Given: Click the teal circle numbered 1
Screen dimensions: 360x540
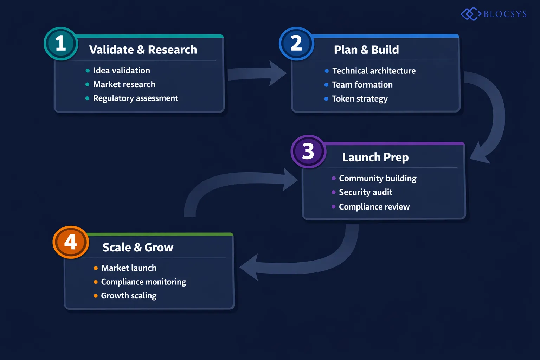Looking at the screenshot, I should (60, 44).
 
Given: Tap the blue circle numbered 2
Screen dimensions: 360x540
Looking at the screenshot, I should (296, 44).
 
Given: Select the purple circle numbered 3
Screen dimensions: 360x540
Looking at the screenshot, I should (308, 152).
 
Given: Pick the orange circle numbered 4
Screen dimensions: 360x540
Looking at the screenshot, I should (71, 242).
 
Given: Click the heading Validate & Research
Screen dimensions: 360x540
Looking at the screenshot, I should (143, 50).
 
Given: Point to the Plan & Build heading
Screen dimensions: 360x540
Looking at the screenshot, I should (366, 50).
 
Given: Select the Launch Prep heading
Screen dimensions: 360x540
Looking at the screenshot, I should (375, 157).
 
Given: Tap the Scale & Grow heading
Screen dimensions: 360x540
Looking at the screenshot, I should (138, 247).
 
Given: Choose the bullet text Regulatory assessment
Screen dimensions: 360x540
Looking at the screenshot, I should (135, 98).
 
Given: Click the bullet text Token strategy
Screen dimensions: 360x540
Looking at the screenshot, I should (359, 99).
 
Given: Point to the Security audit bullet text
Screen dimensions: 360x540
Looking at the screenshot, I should (365, 192).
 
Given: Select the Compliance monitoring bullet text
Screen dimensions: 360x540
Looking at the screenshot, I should (143, 282).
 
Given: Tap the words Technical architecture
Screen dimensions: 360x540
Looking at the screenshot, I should (374, 71).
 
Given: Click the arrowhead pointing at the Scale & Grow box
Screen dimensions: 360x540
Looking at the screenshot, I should (250, 268).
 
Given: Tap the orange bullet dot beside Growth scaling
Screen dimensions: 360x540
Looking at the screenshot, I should (96, 296).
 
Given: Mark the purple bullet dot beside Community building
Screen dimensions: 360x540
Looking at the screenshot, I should (334, 178).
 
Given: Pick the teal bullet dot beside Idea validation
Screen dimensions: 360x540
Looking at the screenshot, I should (88, 71).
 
